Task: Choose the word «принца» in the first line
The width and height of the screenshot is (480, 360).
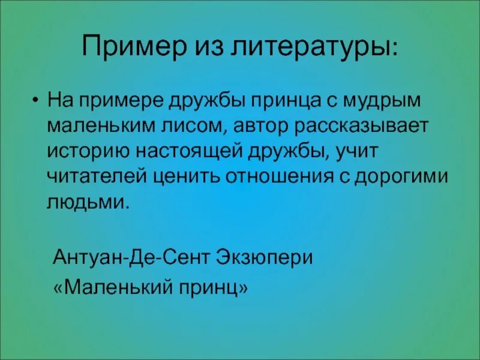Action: coord(286,100)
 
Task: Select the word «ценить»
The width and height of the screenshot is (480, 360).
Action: coord(184,176)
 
